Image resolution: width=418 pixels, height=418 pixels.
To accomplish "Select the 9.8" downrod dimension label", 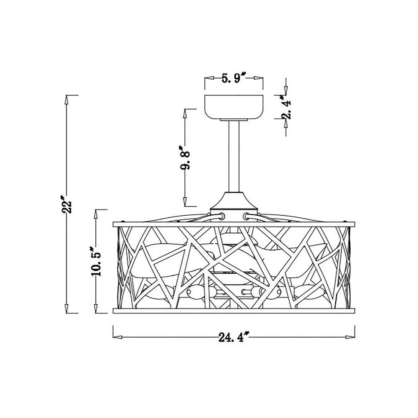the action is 185,158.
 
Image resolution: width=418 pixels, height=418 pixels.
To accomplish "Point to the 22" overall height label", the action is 66,204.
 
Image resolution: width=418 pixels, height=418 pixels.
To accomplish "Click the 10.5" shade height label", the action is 96,261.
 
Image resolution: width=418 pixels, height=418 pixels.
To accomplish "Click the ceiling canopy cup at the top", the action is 234,107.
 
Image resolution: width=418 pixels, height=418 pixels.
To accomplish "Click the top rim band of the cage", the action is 234,224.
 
